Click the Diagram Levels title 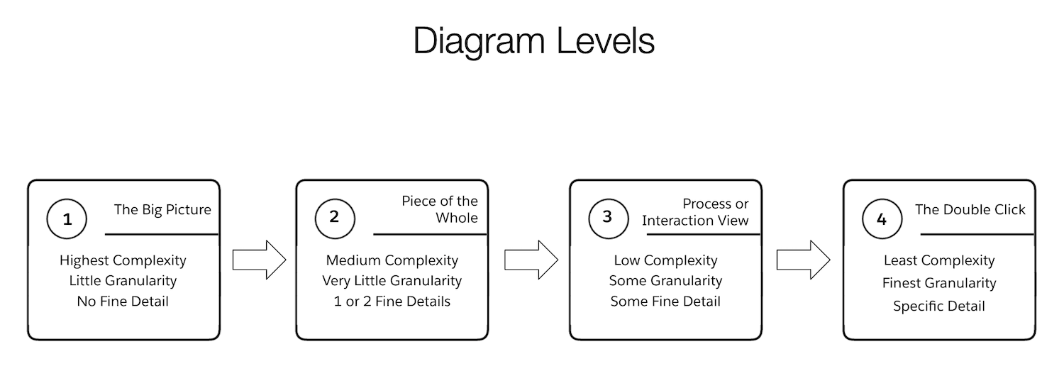point(533,42)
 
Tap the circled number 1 point(67,219)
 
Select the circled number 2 point(333,217)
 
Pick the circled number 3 point(607,217)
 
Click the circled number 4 point(881,219)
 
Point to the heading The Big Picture point(162,209)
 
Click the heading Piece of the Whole point(440,210)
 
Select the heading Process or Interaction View point(695,212)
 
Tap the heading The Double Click point(970,209)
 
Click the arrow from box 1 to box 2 point(259,260)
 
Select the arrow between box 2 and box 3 point(531,260)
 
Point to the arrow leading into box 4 point(804,260)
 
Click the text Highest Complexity point(123,260)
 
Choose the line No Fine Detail point(123,301)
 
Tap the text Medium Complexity point(392,260)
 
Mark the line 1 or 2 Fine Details point(392,301)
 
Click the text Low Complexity point(665,260)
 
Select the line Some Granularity point(665,281)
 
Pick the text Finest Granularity point(939,283)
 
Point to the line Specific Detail point(939,306)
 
